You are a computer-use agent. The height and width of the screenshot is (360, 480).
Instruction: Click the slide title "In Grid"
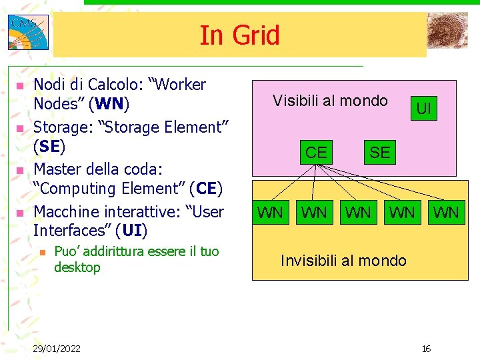pos(239,35)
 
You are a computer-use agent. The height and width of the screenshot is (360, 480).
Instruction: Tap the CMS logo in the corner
pos(27,32)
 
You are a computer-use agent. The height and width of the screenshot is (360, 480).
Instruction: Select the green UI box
pos(423,107)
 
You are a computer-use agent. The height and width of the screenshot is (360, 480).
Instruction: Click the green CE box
pos(316,152)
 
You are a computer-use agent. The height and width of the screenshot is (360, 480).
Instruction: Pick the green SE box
pos(379,152)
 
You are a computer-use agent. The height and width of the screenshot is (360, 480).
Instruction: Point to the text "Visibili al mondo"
pos(330,101)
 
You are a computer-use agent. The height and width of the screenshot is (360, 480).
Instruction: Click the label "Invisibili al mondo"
pos(343,261)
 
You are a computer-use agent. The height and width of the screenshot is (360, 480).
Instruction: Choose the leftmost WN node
pos(270,213)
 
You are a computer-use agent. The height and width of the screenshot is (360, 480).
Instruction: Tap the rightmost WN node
pos(446,213)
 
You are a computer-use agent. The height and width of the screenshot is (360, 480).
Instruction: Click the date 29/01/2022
pos(57,349)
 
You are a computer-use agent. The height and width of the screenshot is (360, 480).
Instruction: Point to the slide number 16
pos(426,349)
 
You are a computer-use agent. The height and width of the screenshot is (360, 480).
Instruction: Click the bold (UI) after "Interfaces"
pos(131,231)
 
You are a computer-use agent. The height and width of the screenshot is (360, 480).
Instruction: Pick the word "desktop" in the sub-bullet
pos(77,268)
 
